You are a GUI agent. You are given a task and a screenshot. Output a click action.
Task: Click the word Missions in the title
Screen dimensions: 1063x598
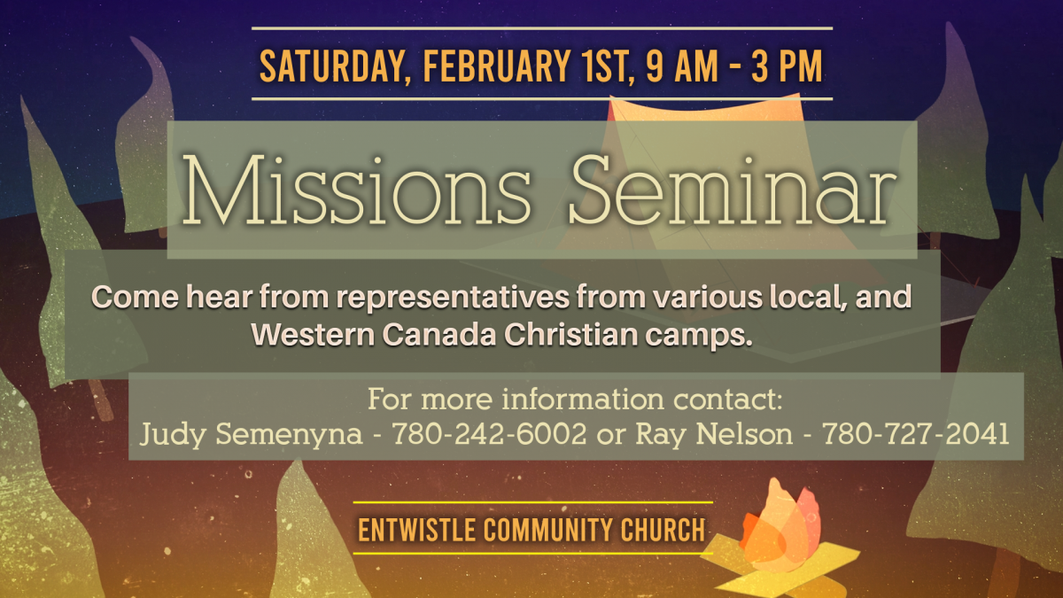356,190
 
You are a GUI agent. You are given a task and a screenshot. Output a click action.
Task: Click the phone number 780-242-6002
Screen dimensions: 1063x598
489,434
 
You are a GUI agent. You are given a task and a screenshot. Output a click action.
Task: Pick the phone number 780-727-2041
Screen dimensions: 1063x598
915,434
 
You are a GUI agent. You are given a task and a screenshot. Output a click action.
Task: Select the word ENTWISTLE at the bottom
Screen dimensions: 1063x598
416,530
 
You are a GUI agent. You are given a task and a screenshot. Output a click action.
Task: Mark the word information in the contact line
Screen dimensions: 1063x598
583,400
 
